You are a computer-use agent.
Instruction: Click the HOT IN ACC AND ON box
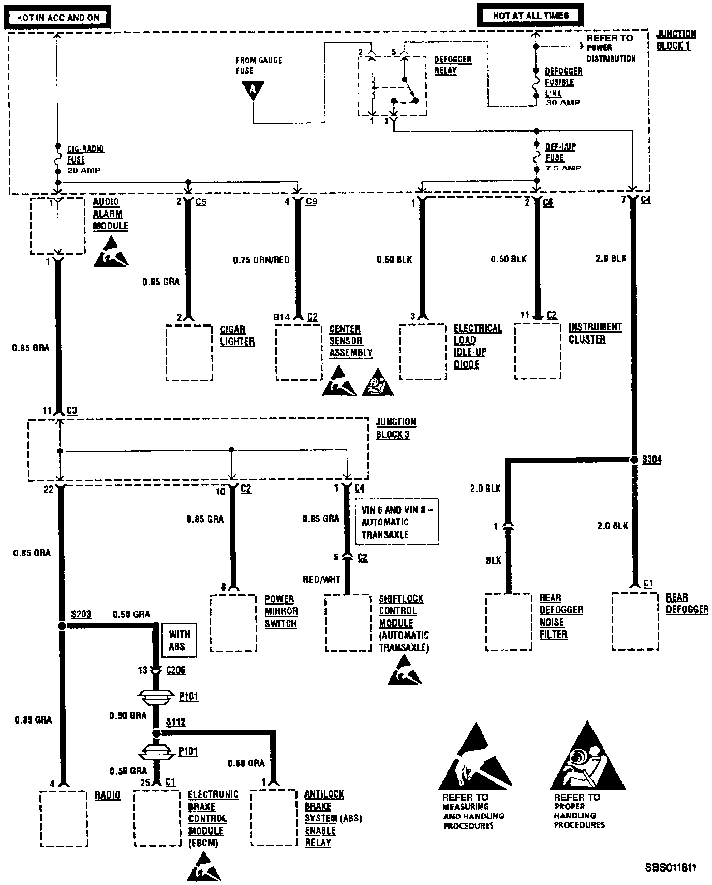pos(58,17)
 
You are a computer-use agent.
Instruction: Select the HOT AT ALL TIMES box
pos(531,16)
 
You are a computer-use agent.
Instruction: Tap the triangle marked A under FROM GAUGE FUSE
pos(253,90)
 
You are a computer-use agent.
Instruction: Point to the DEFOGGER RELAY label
pos(453,65)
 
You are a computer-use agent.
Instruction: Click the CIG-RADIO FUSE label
pos(85,155)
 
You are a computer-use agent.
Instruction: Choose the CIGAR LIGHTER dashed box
pos(189,352)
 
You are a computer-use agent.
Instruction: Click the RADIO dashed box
pos(64,818)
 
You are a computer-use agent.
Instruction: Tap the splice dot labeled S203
pos(62,626)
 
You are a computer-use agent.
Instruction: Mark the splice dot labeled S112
pos(156,733)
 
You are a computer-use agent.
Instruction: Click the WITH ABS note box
pos(179,640)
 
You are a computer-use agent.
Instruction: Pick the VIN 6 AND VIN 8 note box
pos(396,522)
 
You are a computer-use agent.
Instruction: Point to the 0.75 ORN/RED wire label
pos(261,260)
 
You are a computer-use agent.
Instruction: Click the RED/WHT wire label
pos(321,579)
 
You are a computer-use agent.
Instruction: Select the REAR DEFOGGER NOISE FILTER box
pos(509,621)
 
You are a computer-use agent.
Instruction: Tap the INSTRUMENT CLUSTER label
pos(595,333)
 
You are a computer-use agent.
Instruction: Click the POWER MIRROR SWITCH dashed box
pos(233,623)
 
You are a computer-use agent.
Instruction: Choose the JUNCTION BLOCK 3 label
pos(395,429)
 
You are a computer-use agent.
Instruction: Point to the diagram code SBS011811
pos(671,868)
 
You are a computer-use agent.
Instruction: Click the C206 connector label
pos(175,670)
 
